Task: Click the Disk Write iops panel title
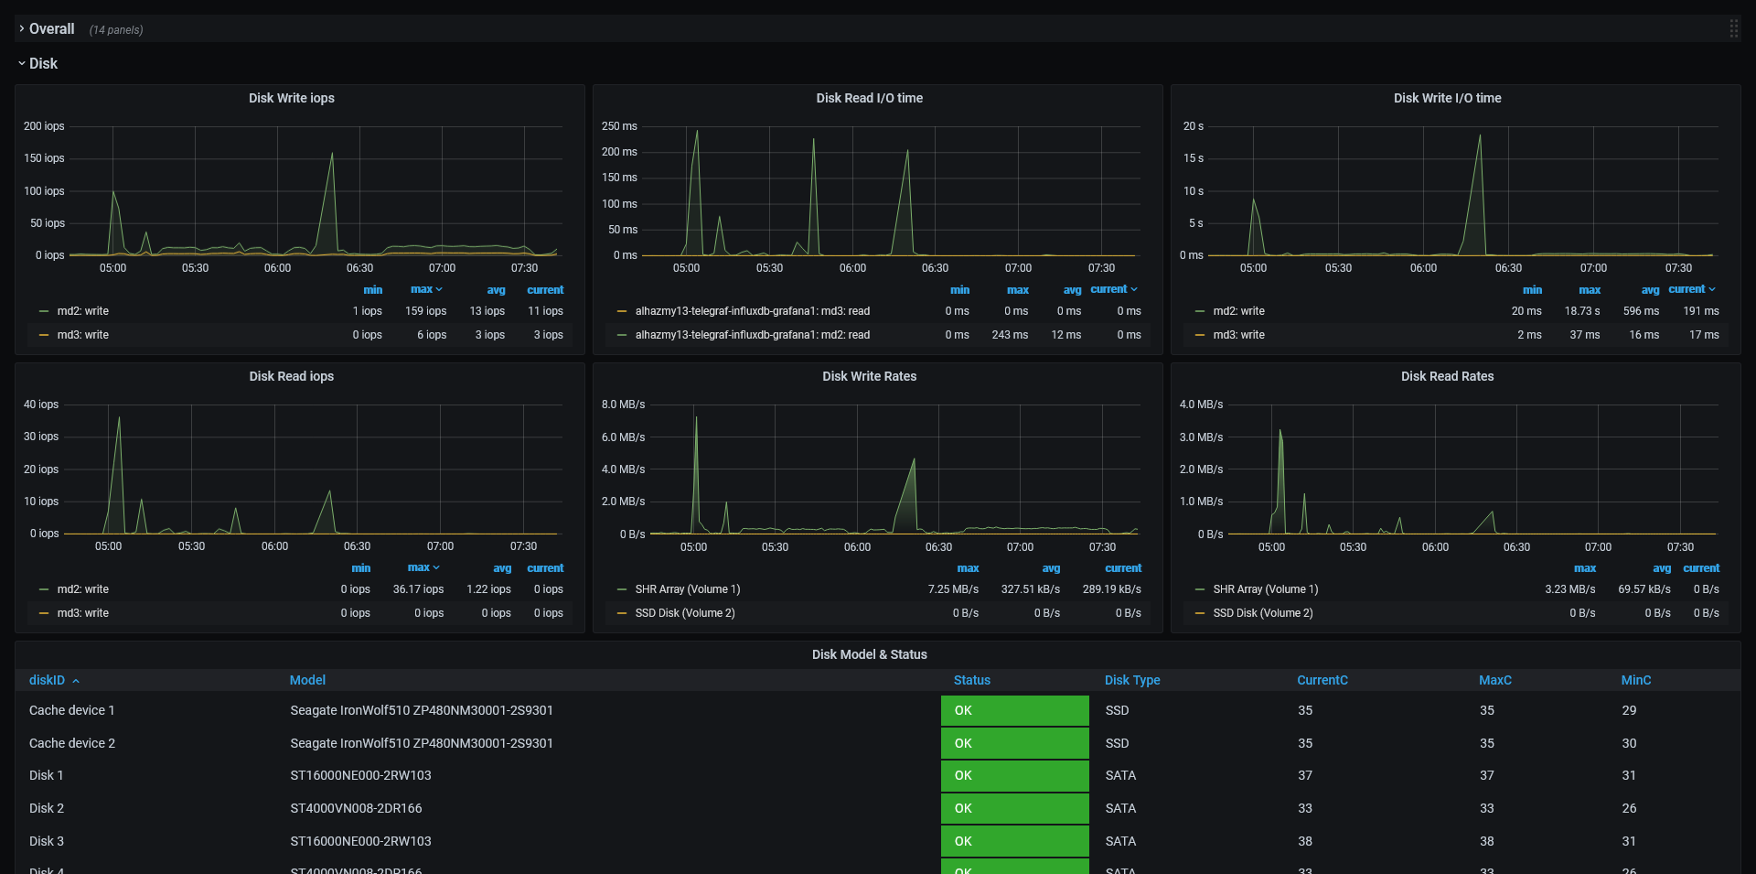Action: click(x=291, y=98)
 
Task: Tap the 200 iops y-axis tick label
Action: click(x=44, y=126)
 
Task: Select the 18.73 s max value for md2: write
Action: click(x=1581, y=311)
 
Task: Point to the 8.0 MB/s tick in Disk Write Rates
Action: click(x=623, y=405)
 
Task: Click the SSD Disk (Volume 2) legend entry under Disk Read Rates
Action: click(x=1262, y=613)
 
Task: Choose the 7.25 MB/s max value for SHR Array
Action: click(x=953, y=589)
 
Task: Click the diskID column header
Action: click(x=47, y=680)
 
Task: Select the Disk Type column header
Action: click(x=1131, y=680)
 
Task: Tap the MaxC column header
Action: click(x=1494, y=680)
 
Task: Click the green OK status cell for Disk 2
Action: click(x=1014, y=808)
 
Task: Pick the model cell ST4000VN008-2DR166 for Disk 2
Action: click(x=356, y=808)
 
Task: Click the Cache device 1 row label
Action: click(x=71, y=710)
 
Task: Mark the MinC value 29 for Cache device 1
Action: click(x=1629, y=710)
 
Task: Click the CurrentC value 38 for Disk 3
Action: click(x=1305, y=841)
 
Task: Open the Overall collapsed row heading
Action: click(x=51, y=29)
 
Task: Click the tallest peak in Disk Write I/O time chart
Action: click(x=1480, y=136)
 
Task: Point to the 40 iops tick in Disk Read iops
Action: click(x=41, y=405)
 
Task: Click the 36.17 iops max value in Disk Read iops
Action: click(x=418, y=589)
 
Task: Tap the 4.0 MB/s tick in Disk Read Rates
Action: click(x=1201, y=405)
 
